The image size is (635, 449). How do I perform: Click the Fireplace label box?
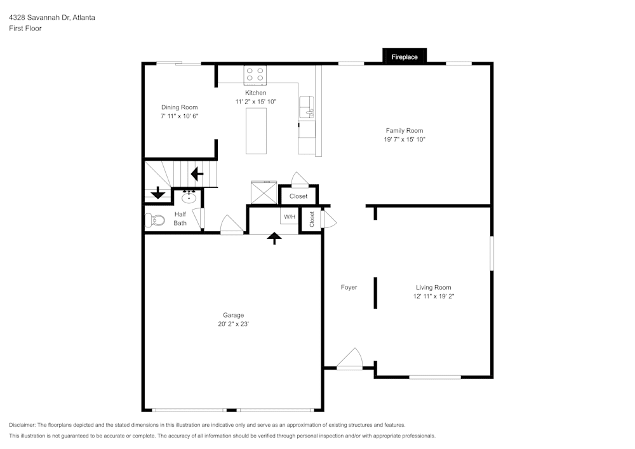coord(404,57)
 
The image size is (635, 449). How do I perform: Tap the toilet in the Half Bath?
coord(154,220)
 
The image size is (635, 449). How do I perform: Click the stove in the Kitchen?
coord(255,75)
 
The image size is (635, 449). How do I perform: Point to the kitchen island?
coord(257,130)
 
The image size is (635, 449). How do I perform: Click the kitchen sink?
coord(307,107)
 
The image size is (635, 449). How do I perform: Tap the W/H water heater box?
coord(290,217)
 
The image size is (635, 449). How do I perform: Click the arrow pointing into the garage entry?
coord(274,238)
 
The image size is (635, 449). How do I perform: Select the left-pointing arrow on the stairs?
coord(197,172)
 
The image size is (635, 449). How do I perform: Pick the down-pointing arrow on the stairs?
coord(158,194)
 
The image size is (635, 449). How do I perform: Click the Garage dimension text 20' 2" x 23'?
coord(233,324)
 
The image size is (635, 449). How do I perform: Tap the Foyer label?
coord(349,288)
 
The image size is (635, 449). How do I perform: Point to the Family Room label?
coord(404,131)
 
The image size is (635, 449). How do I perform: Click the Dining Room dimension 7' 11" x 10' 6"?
coord(180,116)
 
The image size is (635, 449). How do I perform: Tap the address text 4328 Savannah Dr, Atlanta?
coord(52,18)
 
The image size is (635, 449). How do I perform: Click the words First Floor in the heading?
coord(25,29)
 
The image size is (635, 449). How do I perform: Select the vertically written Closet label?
coord(312,219)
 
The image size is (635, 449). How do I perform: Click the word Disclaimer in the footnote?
coord(22,425)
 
